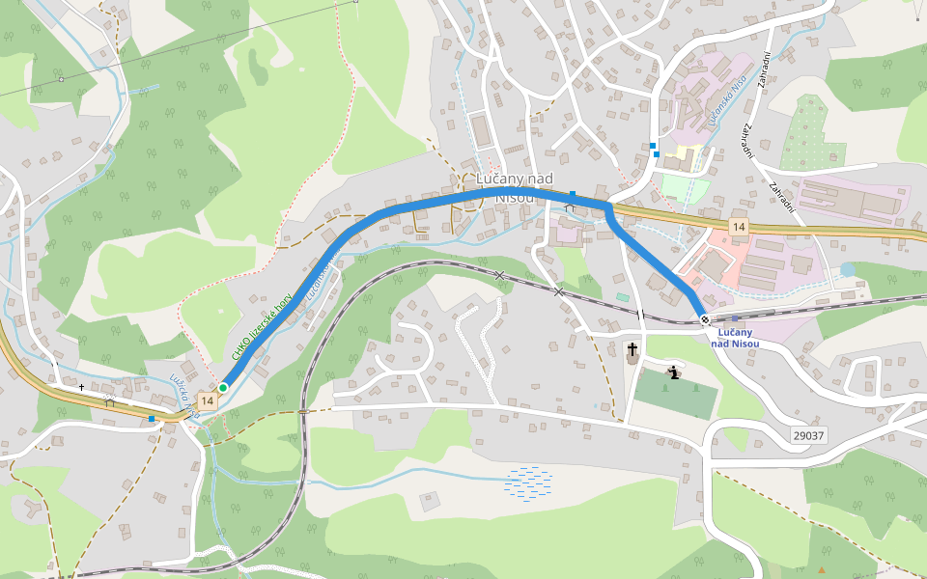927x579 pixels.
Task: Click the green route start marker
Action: [223, 387]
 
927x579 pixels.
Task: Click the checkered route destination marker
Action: [706, 320]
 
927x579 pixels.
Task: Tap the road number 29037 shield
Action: [808, 436]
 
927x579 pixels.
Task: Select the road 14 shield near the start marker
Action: [207, 399]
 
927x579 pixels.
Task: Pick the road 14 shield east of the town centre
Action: [739, 226]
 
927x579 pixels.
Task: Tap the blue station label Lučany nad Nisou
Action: [735, 338]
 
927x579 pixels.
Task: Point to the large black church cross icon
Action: [632, 349]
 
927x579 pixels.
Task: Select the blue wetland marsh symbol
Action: [528, 482]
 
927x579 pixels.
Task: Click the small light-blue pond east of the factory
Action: [847, 269]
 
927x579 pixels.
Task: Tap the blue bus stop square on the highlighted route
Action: [573, 195]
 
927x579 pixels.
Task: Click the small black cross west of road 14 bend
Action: [82, 387]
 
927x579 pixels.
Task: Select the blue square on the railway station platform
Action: [735, 317]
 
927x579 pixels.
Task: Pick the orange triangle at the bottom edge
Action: [823, 572]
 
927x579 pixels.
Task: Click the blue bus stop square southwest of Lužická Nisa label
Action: [152, 419]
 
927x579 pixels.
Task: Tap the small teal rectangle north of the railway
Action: [622, 296]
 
